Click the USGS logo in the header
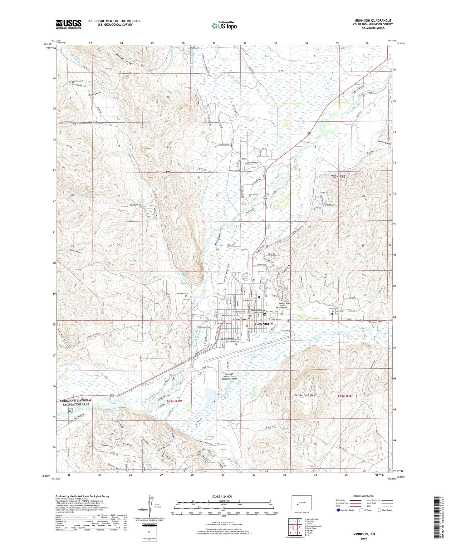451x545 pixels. [68, 24]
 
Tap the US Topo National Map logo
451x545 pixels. [224, 26]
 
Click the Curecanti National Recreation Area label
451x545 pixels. [76, 402]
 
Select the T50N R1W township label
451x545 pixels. [163, 172]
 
